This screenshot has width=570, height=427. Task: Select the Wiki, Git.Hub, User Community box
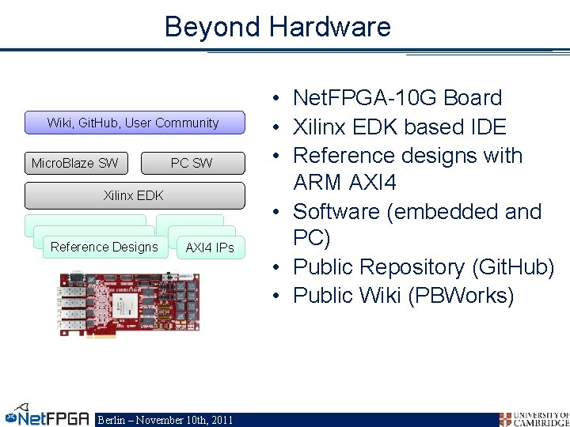133,123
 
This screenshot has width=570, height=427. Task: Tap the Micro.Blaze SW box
74,164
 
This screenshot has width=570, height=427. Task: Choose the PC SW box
192,164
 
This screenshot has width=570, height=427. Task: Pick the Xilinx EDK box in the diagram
134,195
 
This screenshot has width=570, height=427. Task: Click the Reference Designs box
104,247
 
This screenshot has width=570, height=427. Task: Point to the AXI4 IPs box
209,248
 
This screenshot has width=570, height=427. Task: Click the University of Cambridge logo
534,418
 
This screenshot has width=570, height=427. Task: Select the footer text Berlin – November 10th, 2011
165,420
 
